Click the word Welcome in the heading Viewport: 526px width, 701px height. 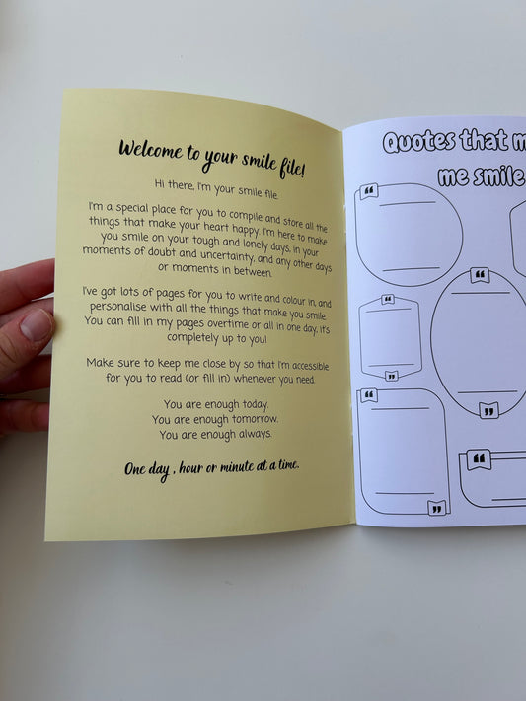pyautogui.click(x=151, y=150)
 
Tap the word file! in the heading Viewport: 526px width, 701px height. pyautogui.click(x=292, y=169)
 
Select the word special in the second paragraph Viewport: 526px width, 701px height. pyautogui.click(x=132, y=208)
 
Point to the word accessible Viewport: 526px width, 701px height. pyautogui.click(x=310, y=366)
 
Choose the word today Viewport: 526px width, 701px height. pyautogui.click(x=256, y=404)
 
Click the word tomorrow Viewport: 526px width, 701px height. pyautogui.click(x=255, y=419)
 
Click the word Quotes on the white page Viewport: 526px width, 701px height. pyautogui.click(x=419, y=141)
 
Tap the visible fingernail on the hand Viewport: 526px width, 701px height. pyautogui.click(x=37, y=325)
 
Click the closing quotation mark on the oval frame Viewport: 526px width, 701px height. pyautogui.click(x=488, y=411)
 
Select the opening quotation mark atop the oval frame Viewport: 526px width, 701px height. pyautogui.click(x=480, y=275)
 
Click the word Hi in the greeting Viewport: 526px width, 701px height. pyautogui.click(x=160, y=183)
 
